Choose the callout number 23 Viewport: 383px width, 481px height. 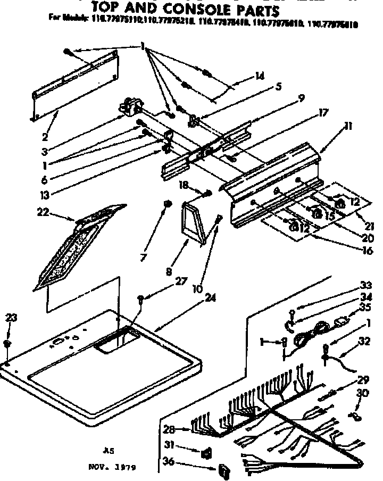pos(10,318)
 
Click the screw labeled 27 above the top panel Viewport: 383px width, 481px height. pos(140,298)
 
